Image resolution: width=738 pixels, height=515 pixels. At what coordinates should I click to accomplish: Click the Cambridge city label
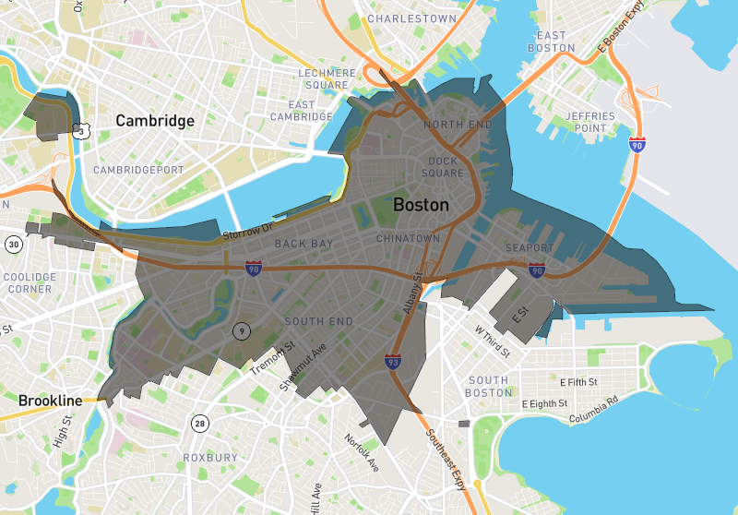click(x=155, y=121)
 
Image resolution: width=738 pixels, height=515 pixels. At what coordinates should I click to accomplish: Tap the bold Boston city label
click(x=421, y=205)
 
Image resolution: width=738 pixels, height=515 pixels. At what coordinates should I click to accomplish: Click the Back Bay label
click(x=303, y=244)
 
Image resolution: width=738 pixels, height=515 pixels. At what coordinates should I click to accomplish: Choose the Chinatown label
click(x=408, y=238)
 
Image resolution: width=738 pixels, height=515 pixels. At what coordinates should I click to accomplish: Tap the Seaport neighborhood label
click(x=530, y=248)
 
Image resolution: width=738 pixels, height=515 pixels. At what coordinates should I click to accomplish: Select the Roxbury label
click(x=209, y=458)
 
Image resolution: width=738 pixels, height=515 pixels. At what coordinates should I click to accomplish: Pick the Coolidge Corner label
click(x=29, y=282)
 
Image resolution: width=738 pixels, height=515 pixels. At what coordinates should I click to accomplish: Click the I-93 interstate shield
click(x=393, y=362)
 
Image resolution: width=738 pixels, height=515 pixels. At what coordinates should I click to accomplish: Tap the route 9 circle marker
click(x=240, y=330)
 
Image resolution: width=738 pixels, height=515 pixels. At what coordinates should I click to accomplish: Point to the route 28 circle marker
click(x=199, y=424)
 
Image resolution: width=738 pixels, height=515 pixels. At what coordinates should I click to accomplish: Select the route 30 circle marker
click(x=13, y=245)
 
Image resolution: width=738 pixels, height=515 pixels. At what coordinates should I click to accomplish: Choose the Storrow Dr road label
click(x=248, y=232)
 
